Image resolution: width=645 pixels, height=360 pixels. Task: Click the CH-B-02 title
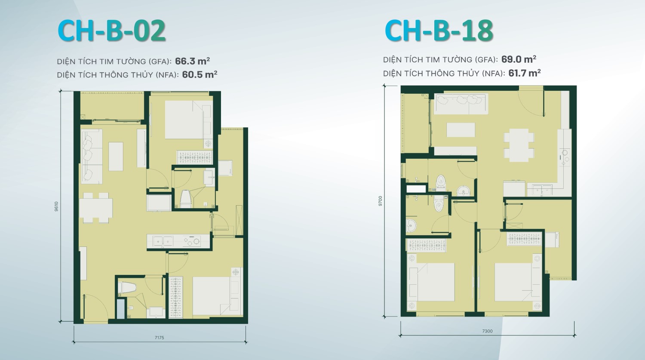pyautogui.click(x=111, y=31)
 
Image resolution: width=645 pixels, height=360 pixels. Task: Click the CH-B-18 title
pyautogui.click(x=439, y=31)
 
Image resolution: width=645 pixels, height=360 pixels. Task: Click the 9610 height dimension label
pyautogui.click(x=56, y=206)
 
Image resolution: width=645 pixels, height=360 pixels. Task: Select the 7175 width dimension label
pyautogui.click(x=160, y=338)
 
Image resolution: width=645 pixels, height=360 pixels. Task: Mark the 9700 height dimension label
pyautogui.click(x=381, y=201)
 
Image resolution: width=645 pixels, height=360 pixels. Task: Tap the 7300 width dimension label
pyautogui.click(x=487, y=331)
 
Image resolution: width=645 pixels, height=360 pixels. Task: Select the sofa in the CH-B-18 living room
pyautogui.click(x=461, y=104)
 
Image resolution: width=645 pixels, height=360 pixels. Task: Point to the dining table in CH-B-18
pyautogui.click(x=519, y=145)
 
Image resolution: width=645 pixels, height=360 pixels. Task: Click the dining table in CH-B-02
pyautogui.click(x=95, y=208)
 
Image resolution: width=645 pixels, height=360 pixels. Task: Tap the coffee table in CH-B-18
pyautogui.click(x=461, y=129)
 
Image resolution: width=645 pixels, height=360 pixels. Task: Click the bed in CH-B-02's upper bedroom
pyautogui.click(x=184, y=120)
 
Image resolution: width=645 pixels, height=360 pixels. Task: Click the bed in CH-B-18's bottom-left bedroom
pyautogui.click(x=432, y=282)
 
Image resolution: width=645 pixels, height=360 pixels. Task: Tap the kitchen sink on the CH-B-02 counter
pyautogui.click(x=163, y=241)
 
